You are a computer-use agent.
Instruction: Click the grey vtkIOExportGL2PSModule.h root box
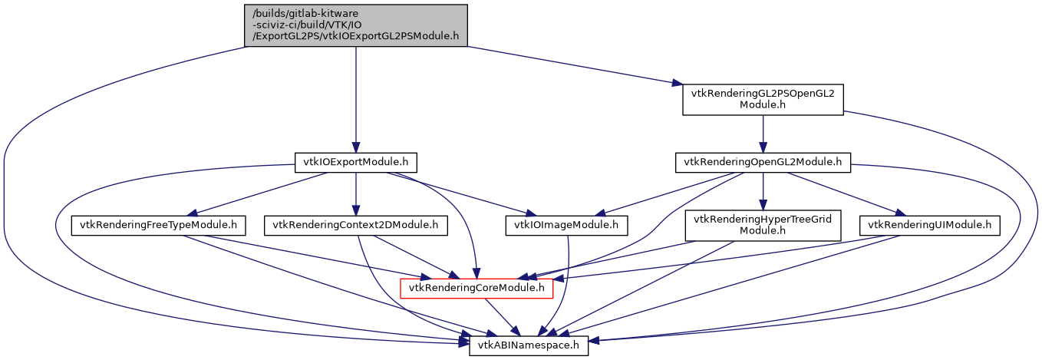click(355, 25)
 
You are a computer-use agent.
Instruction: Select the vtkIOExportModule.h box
click(355, 163)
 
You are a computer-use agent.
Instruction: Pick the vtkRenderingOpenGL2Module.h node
click(763, 163)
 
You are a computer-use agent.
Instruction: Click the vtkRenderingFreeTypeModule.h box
click(159, 226)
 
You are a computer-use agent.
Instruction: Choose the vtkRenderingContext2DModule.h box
click(356, 226)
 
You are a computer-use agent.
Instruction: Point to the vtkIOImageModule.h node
click(567, 226)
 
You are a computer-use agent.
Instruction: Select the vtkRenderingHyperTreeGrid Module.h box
click(763, 225)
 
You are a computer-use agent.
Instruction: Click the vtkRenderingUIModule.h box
click(930, 226)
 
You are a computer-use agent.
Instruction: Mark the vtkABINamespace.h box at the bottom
click(529, 346)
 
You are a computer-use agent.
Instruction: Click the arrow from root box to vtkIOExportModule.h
click(355, 100)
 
